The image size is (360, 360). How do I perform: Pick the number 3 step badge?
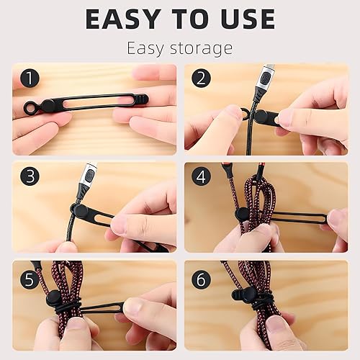click(29, 176)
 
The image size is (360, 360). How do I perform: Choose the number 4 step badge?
click(201, 176)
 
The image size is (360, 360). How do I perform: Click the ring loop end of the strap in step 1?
click(31, 109)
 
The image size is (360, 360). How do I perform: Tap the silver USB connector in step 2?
click(267, 74)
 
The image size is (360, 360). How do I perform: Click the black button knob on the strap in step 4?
click(243, 214)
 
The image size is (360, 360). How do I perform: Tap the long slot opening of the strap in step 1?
click(94, 102)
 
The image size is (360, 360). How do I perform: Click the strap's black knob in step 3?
click(81, 210)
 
